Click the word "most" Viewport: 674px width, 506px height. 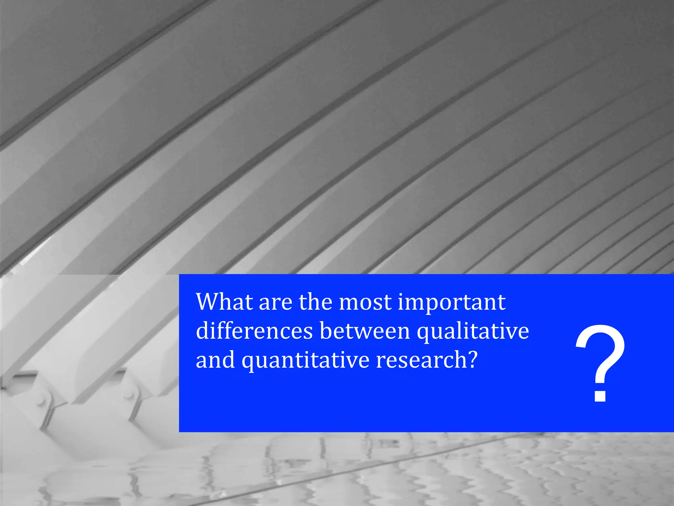click(x=365, y=302)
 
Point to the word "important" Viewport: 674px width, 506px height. click(x=452, y=302)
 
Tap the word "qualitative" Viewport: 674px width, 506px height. click(x=473, y=331)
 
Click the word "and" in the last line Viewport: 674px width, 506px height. click(x=215, y=360)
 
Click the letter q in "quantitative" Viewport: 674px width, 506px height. click(x=248, y=362)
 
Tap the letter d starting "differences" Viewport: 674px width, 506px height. click(x=203, y=331)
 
